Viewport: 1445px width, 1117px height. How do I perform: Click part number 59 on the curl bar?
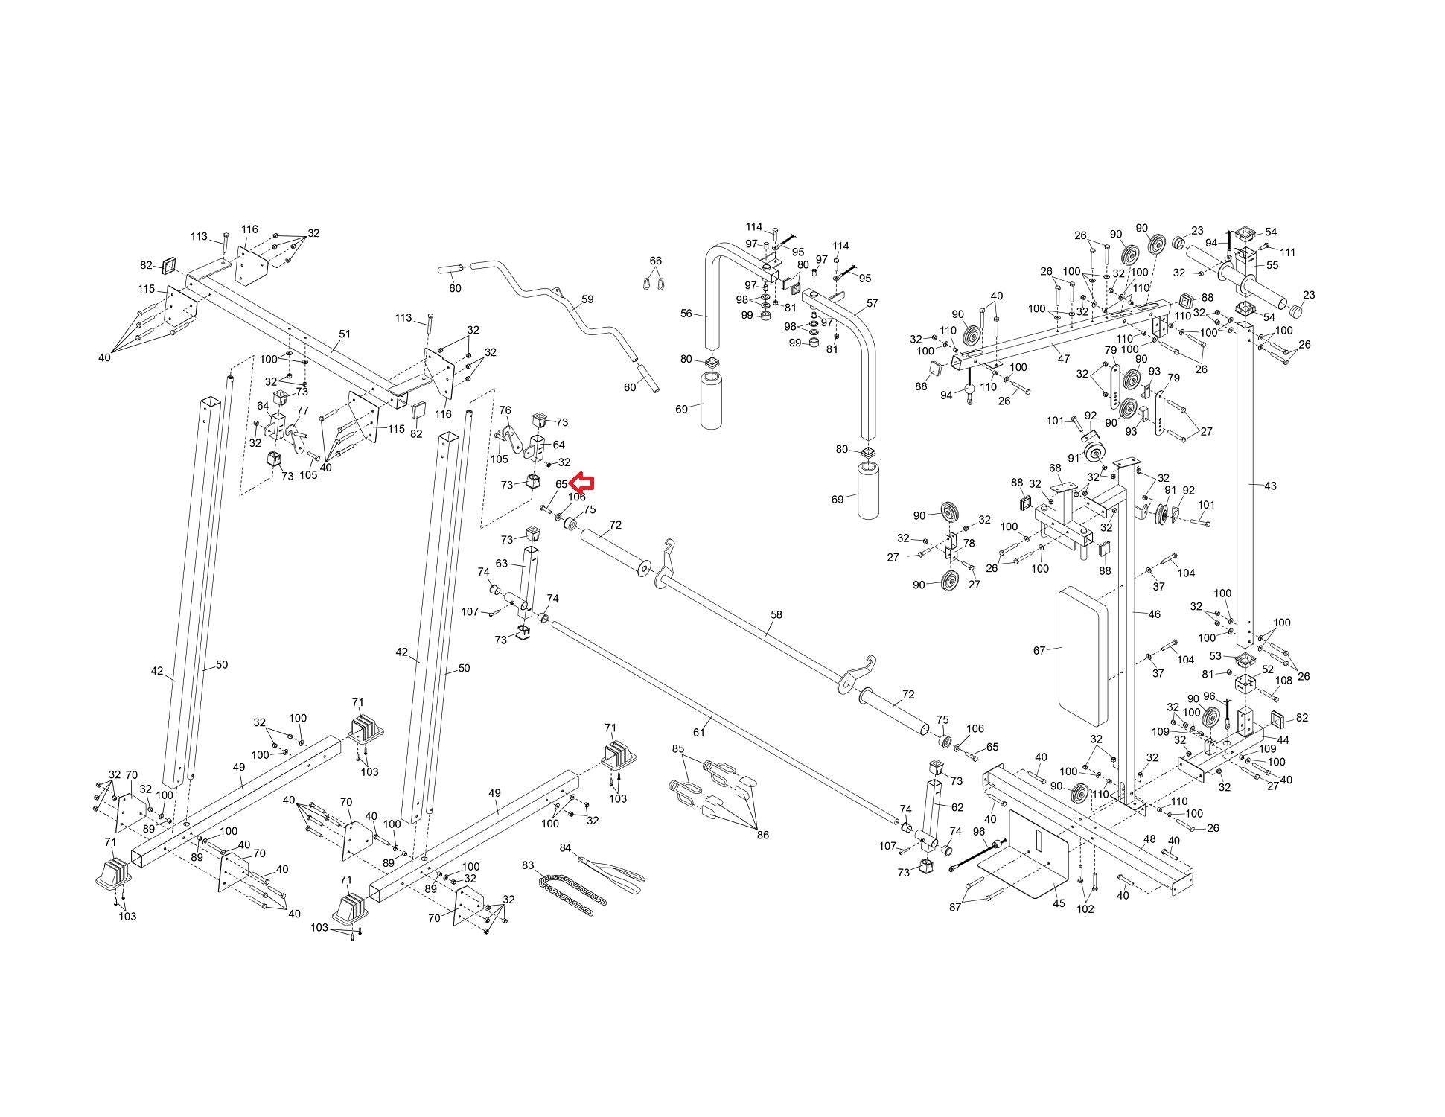click(587, 299)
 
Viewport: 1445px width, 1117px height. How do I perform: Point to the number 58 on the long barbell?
click(776, 615)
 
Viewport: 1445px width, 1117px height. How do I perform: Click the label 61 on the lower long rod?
click(698, 733)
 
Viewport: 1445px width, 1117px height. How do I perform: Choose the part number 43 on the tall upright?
click(1270, 486)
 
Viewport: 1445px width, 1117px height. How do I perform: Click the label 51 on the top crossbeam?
click(344, 334)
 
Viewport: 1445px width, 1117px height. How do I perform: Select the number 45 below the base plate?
click(1059, 903)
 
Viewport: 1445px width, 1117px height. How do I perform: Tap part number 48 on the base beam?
click(1149, 839)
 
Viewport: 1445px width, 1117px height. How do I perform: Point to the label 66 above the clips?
click(655, 261)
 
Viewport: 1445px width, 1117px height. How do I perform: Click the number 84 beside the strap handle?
click(566, 848)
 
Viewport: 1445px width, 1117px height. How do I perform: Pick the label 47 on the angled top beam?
click(1063, 359)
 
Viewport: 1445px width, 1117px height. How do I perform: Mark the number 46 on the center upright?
click(1154, 614)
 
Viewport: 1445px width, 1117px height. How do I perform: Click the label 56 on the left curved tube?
click(686, 314)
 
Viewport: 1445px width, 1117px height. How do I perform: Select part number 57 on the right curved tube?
click(872, 303)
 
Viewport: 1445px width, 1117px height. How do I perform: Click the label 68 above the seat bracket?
click(1055, 468)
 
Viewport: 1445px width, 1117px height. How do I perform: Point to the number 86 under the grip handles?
click(762, 835)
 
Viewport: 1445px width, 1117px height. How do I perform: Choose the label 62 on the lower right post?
click(957, 806)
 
